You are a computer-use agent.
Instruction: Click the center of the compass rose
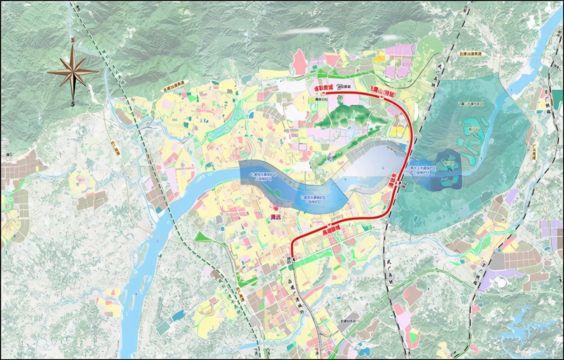pos(73,71)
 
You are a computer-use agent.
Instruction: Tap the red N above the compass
pos(72,40)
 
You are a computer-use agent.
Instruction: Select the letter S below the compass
pos(73,103)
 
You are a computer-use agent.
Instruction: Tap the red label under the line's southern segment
pos(331,231)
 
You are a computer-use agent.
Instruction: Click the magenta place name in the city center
pos(276,216)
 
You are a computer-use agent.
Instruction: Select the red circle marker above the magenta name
pos(276,208)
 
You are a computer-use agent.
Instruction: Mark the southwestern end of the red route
pos(292,258)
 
